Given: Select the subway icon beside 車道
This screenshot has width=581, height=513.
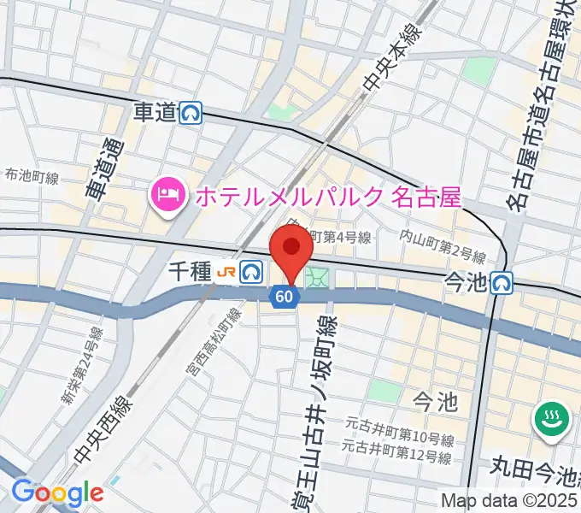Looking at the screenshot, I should point(192,113).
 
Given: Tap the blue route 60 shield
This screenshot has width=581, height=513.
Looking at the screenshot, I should point(285,297).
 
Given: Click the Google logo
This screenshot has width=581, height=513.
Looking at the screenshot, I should point(57,493).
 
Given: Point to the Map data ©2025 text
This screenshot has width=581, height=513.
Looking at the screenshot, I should point(509,500).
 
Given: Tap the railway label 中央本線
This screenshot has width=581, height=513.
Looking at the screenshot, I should point(381,60).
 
